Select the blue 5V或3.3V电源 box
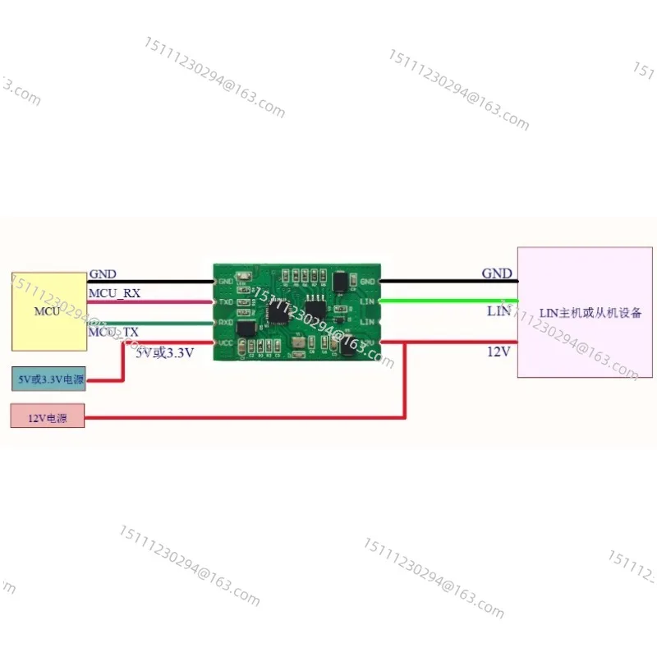pos(50,380)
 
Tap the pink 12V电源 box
pos(47,417)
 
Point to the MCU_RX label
pos(114,292)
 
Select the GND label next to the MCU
pos(103,273)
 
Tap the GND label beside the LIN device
pos(496,273)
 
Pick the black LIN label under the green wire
pos(498,311)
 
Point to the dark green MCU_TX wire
pos(164,322)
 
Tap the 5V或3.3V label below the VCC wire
pos(164,352)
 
